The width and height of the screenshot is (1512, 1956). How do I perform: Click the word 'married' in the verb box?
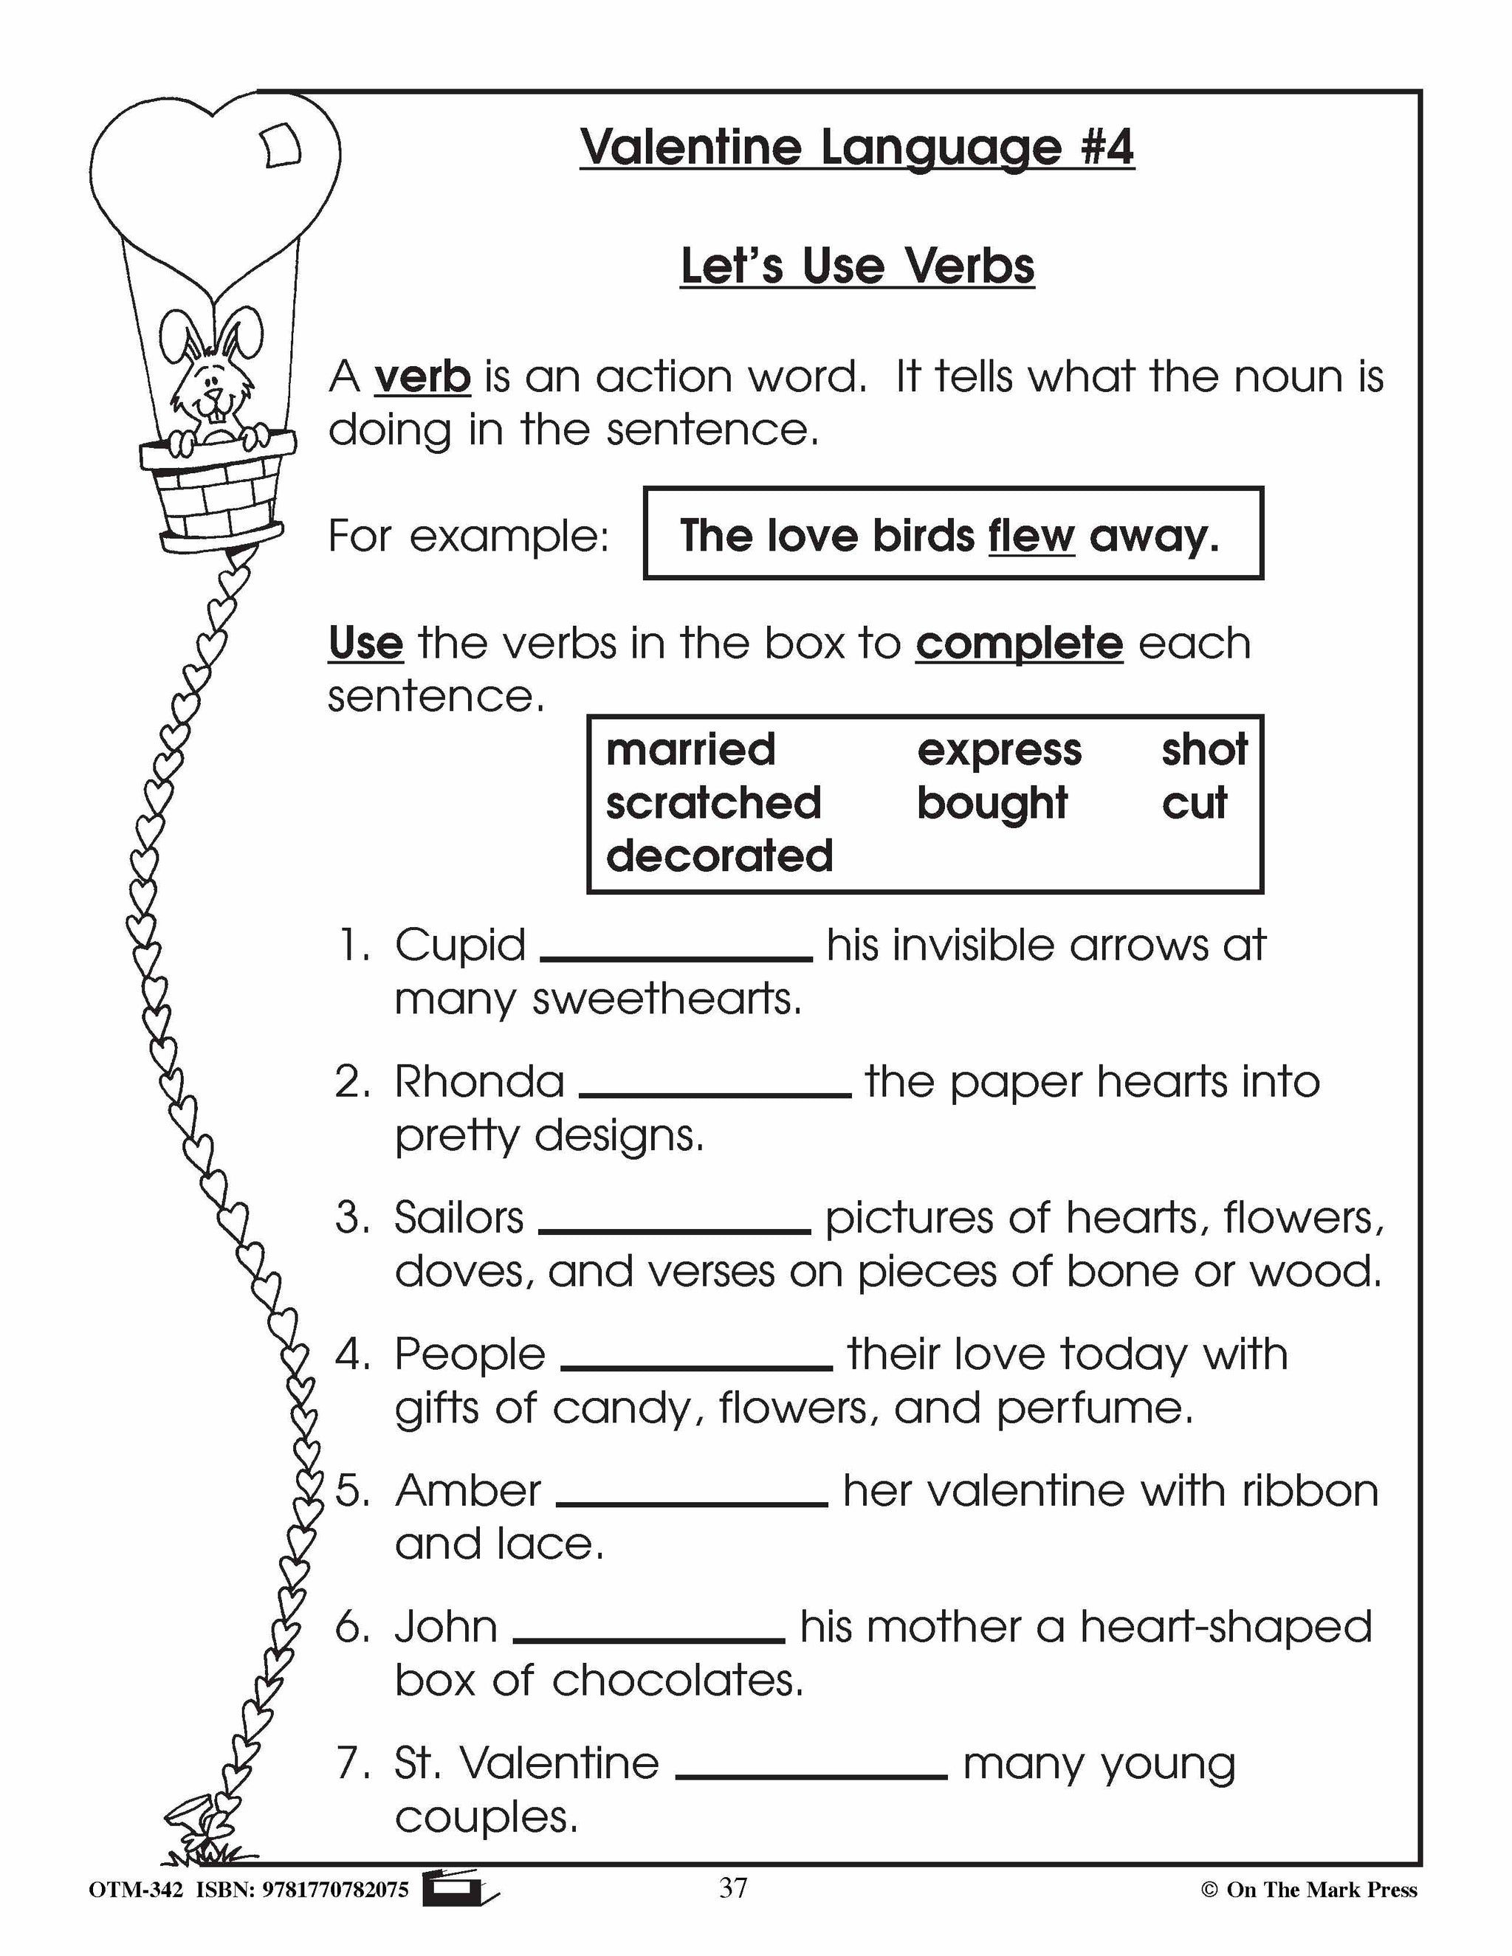690,750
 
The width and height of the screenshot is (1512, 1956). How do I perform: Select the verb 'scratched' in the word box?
713,802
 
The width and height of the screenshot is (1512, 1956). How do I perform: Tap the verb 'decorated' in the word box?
719,856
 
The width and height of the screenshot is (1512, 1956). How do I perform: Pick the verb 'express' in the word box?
999,751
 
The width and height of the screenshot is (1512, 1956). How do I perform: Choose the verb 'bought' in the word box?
992,803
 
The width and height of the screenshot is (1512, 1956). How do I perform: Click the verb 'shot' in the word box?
1204,750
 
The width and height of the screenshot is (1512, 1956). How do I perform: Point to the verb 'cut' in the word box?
1194,803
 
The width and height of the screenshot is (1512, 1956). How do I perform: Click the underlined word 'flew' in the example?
1031,537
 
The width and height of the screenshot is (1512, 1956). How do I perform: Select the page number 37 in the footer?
732,1888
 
